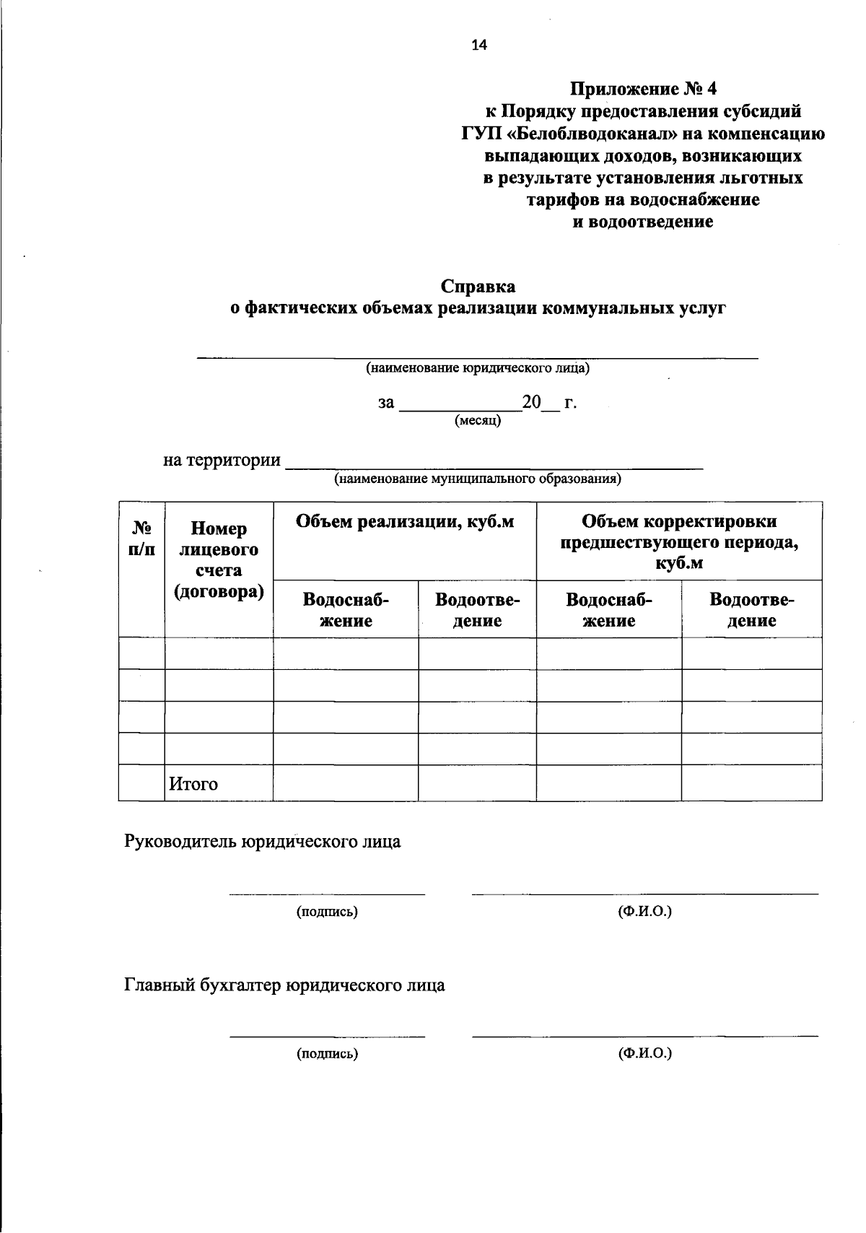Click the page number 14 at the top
479,45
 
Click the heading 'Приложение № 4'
643,90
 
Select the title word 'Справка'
478,287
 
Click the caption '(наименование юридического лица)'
478,368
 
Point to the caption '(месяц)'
478,420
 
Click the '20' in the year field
531,402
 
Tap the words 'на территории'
222,460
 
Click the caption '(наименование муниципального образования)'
477,479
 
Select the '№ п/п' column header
141,538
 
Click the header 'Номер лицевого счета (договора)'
219,560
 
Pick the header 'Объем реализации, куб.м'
405,522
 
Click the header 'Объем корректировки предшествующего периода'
679,542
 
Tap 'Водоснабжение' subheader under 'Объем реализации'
346,610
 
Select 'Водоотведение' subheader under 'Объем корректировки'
751,610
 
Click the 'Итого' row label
193,784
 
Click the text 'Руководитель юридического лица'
263,842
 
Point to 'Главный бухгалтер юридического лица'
284,985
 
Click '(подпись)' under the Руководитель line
327,912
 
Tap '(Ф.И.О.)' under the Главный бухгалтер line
644,1053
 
